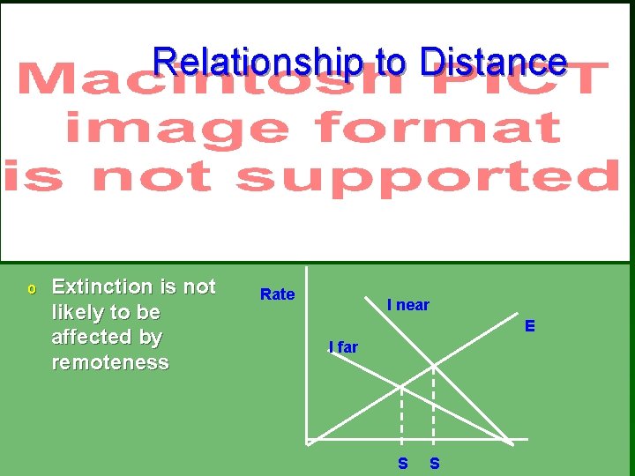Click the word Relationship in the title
click(257, 62)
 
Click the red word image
click(176, 129)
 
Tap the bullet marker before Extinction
click(32, 288)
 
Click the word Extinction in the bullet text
click(102, 286)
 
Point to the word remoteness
click(110, 362)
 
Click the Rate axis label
click(277, 294)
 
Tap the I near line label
click(408, 305)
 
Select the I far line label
click(343, 347)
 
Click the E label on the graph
click(530, 326)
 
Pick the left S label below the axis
click(402, 463)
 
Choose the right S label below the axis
click(434, 463)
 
